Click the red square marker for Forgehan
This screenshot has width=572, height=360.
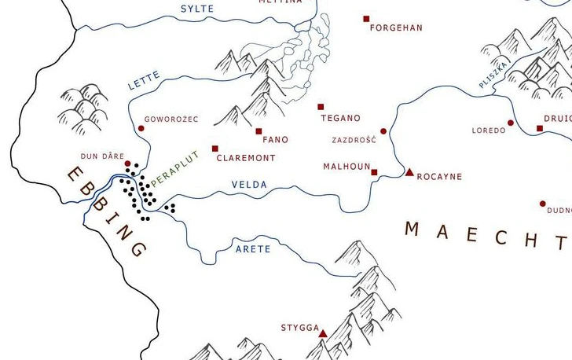[x=366, y=18]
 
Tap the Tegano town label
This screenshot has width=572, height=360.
[x=340, y=118]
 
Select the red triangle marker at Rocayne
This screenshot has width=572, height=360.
[x=409, y=172]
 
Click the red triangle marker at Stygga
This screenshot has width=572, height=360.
[x=323, y=334]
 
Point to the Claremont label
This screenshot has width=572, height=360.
[x=245, y=158]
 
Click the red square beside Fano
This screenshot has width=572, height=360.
[x=258, y=131]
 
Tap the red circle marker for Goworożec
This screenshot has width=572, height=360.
[x=141, y=128]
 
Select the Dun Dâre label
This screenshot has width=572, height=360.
[x=101, y=156]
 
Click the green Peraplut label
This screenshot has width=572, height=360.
[x=175, y=168]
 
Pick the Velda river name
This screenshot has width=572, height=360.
[x=249, y=185]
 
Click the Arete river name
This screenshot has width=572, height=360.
[x=253, y=249]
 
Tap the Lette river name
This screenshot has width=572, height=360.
[x=144, y=80]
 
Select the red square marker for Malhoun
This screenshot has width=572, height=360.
[x=374, y=172]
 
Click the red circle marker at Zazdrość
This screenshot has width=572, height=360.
[x=383, y=131]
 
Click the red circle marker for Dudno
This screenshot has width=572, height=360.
[x=542, y=204]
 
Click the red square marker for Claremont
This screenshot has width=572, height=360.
[x=214, y=148]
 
